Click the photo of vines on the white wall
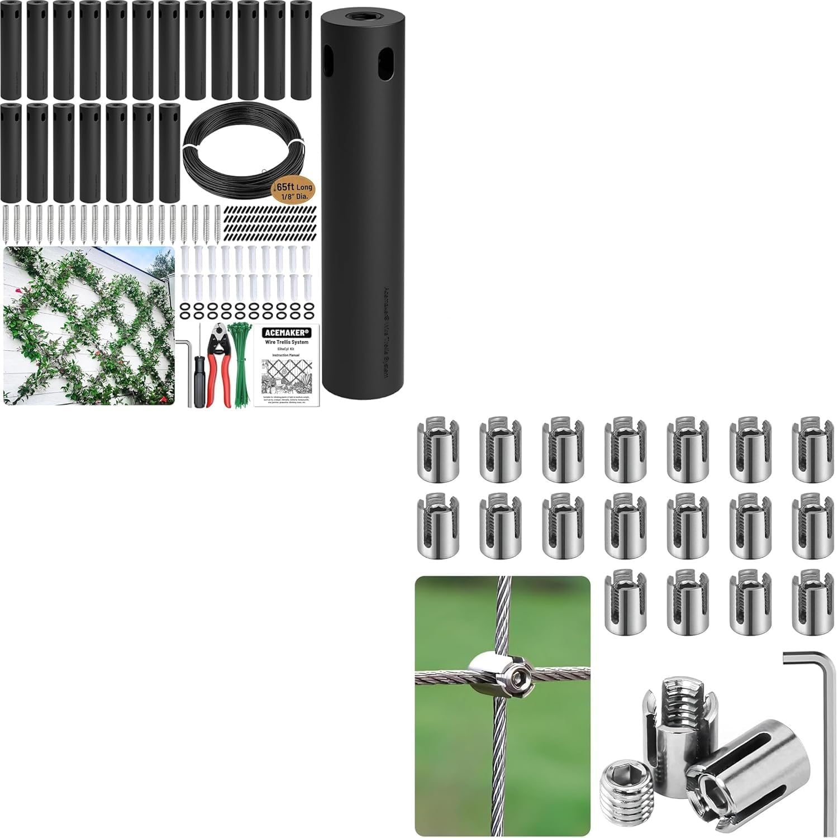click(x=88, y=325)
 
